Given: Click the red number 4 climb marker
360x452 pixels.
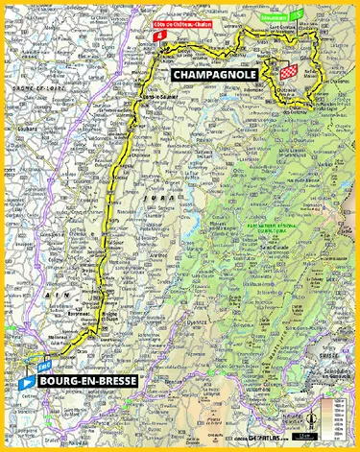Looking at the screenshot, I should [157, 36].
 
